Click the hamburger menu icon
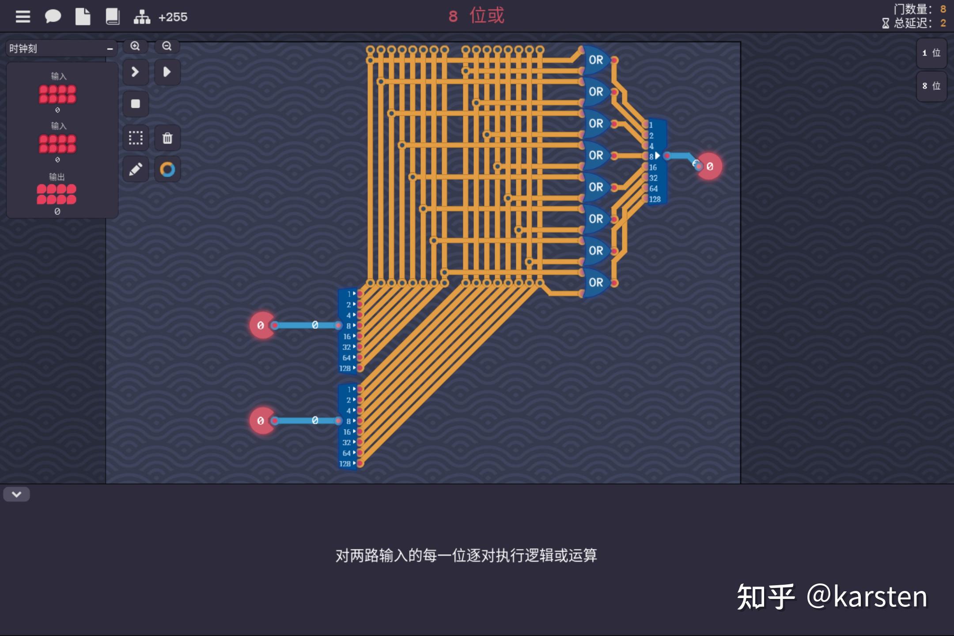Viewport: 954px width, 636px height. click(23, 17)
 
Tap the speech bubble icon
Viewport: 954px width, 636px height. click(53, 17)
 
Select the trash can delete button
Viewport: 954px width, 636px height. click(167, 138)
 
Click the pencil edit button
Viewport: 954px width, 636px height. click(136, 169)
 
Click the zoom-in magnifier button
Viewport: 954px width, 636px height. click(135, 46)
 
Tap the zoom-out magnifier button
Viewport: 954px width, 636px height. click(167, 46)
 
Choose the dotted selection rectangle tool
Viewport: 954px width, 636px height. click(136, 138)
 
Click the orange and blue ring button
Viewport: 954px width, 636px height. click(167, 169)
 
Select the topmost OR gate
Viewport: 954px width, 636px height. click(595, 60)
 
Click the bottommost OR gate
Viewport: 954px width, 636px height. click(595, 283)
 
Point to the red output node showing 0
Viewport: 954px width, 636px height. click(709, 167)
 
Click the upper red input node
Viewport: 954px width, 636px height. click(261, 326)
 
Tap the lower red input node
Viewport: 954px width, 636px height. click(261, 421)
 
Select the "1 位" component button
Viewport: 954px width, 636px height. click(931, 53)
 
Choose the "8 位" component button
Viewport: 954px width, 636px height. click(931, 86)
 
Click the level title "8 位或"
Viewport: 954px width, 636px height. click(476, 16)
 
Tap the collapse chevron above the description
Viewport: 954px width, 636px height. click(16, 494)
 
